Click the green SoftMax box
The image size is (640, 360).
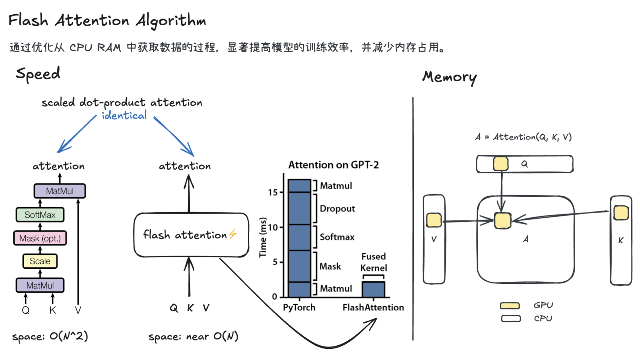[x=40, y=215]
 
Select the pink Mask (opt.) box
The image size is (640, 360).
[x=40, y=238]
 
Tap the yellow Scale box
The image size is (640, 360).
[x=40, y=261]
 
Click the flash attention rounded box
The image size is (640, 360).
[x=191, y=235]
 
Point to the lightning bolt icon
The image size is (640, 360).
[x=233, y=234]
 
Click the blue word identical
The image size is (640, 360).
[x=124, y=116]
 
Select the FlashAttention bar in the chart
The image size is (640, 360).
[x=373, y=289]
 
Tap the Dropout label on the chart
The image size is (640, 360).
[x=337, y=209]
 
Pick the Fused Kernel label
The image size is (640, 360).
[x=374, y=262]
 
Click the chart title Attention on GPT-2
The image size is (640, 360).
[x=333, y=165]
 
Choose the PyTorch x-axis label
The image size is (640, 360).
[x=299, y=307]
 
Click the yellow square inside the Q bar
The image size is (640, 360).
[x=501, y=164]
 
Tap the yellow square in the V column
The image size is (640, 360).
[x=434, y=220]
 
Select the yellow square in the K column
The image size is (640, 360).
[x=621, y=213]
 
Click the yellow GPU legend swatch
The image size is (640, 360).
[x=510, y=306]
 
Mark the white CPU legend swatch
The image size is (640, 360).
[x=511, y=319]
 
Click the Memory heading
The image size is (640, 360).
[x=449, y=77]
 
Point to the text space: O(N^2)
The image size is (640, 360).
[x=50, y=336]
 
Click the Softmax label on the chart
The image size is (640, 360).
[x=337, y=237]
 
